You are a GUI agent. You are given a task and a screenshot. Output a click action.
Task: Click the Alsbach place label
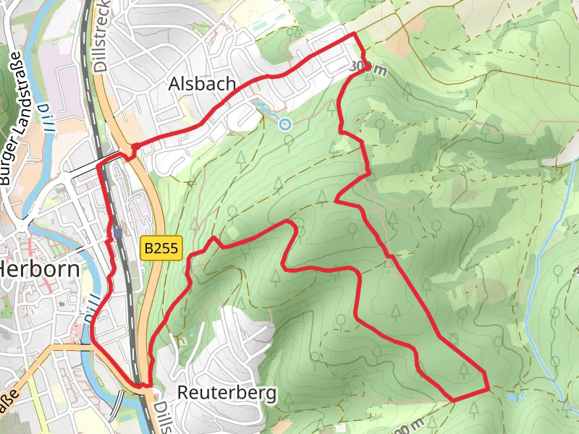(202, 84)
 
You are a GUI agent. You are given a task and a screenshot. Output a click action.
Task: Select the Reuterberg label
(227, 393)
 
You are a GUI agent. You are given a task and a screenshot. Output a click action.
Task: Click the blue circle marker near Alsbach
(285, 124)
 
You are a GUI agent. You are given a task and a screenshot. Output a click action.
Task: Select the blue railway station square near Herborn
(117, 232)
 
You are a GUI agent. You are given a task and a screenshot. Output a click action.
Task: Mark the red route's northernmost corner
(353, 34)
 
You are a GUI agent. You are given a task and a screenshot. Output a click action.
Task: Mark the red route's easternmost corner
(488, 389)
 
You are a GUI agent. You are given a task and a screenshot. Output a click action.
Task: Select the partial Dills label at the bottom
(160, 416)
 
